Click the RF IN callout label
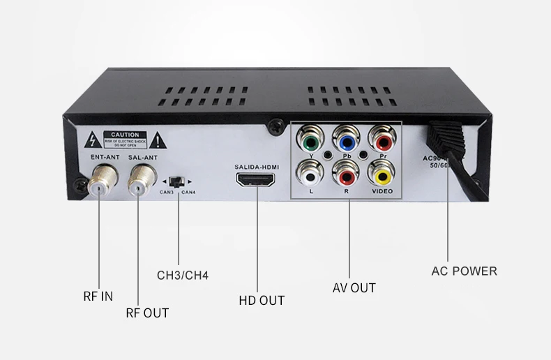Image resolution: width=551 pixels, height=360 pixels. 98,297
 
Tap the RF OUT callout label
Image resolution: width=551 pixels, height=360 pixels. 147,313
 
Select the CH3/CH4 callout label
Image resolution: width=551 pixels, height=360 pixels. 183,276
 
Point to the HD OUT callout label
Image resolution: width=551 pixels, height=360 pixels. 262,301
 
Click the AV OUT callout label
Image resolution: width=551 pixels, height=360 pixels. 354,288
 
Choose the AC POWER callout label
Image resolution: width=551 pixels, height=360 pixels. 464,271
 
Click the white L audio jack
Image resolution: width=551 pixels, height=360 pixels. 308,172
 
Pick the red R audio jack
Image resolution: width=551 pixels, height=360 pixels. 345,172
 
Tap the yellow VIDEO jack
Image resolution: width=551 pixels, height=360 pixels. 381,172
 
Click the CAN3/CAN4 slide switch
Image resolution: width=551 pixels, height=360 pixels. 179,181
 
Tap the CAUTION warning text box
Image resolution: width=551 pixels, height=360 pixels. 125,138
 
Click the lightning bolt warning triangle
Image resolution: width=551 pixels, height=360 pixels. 92,139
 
